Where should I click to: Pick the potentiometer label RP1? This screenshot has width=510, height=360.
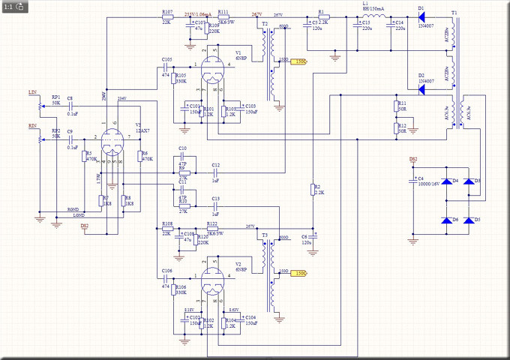point(55,97)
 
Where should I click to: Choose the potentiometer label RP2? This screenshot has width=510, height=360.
point(55,130)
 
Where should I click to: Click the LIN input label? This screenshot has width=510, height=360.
point(32,91)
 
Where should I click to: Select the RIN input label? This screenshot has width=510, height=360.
point(32,125)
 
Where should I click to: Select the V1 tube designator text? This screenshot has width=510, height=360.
point(239,52)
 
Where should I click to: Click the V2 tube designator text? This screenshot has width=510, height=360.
point(238,264)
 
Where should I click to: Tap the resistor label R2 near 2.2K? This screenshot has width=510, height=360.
point(317,186)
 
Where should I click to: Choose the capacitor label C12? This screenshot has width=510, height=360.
point(215,164)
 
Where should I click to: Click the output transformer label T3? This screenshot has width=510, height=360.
point(264,235)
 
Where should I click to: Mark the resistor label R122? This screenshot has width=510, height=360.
point(212,223)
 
